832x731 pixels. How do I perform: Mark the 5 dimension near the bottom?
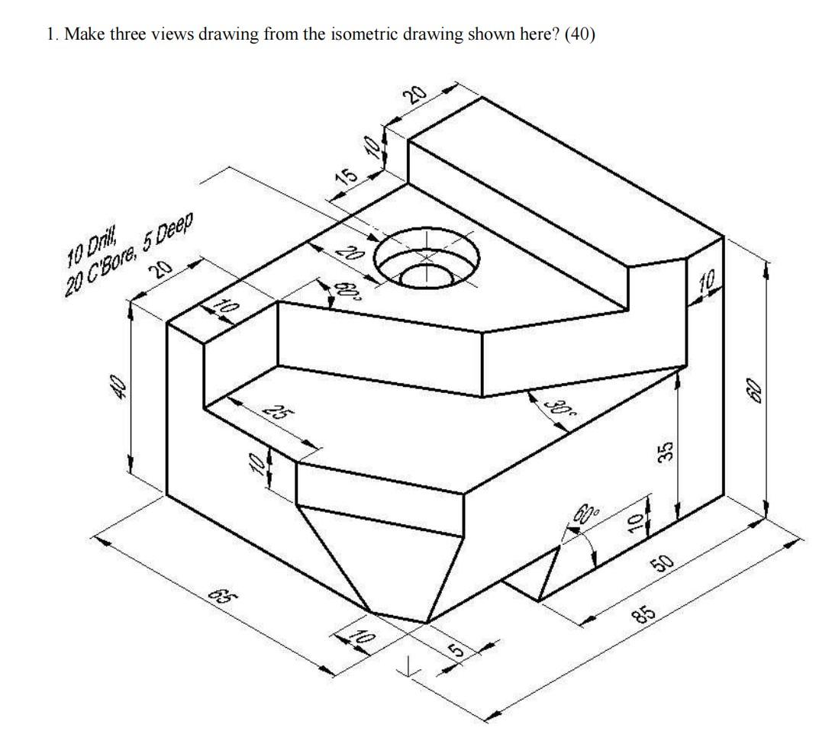click(456, 651)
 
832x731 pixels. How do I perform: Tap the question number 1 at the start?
click(50, 35)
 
